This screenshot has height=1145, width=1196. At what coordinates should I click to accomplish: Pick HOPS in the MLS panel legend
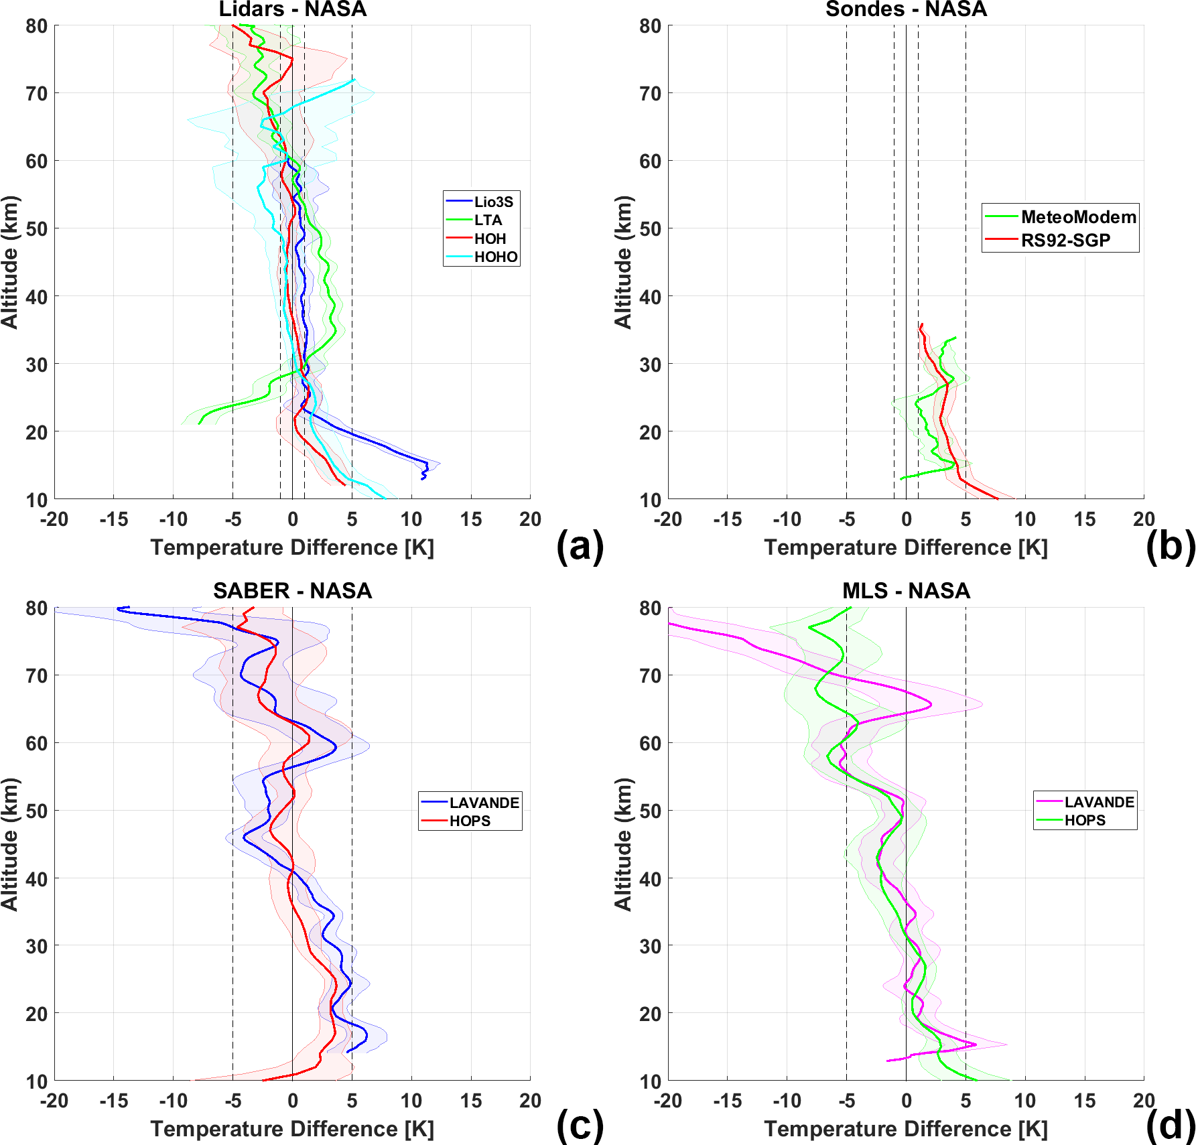pos(1085,820)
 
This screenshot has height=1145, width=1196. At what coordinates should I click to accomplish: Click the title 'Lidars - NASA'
pos(293,9)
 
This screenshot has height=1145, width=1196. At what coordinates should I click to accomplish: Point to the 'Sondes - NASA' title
pos(906,9)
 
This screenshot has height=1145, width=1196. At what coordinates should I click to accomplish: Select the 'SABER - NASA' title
pos(293,591)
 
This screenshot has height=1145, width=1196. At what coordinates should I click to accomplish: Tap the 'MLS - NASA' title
pos(906,591)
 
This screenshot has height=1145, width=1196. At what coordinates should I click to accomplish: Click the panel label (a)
pos(580,546)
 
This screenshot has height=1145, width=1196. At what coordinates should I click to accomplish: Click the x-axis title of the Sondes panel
pos(906,548)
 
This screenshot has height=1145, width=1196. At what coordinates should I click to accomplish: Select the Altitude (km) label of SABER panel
pos(9,844)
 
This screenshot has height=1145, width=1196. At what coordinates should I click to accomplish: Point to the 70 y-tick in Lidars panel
pos(37,94)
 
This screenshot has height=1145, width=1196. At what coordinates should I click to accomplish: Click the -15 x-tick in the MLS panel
pos(728,1101)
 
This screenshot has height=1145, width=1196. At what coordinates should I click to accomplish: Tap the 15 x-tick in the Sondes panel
pos(1085,519)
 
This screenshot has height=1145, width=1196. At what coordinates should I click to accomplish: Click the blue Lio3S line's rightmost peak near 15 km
pos(427,463)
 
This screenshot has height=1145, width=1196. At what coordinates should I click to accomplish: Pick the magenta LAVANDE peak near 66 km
pos(931,705)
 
